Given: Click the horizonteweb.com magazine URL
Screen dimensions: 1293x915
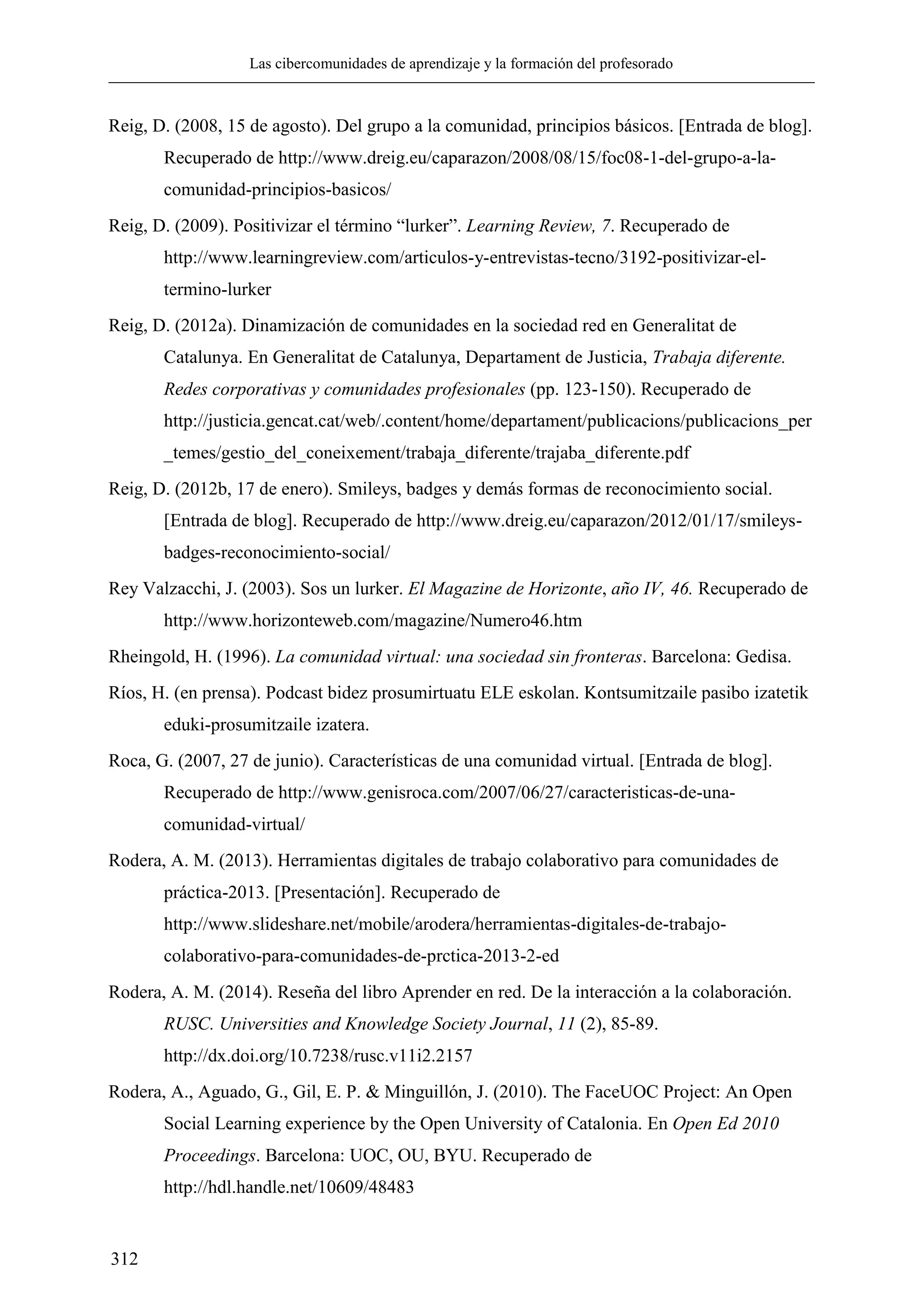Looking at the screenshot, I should point(373,621).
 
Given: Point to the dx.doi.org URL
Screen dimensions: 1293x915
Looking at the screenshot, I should point(317,1055).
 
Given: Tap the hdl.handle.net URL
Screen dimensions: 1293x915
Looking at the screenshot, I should point(289,1188).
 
